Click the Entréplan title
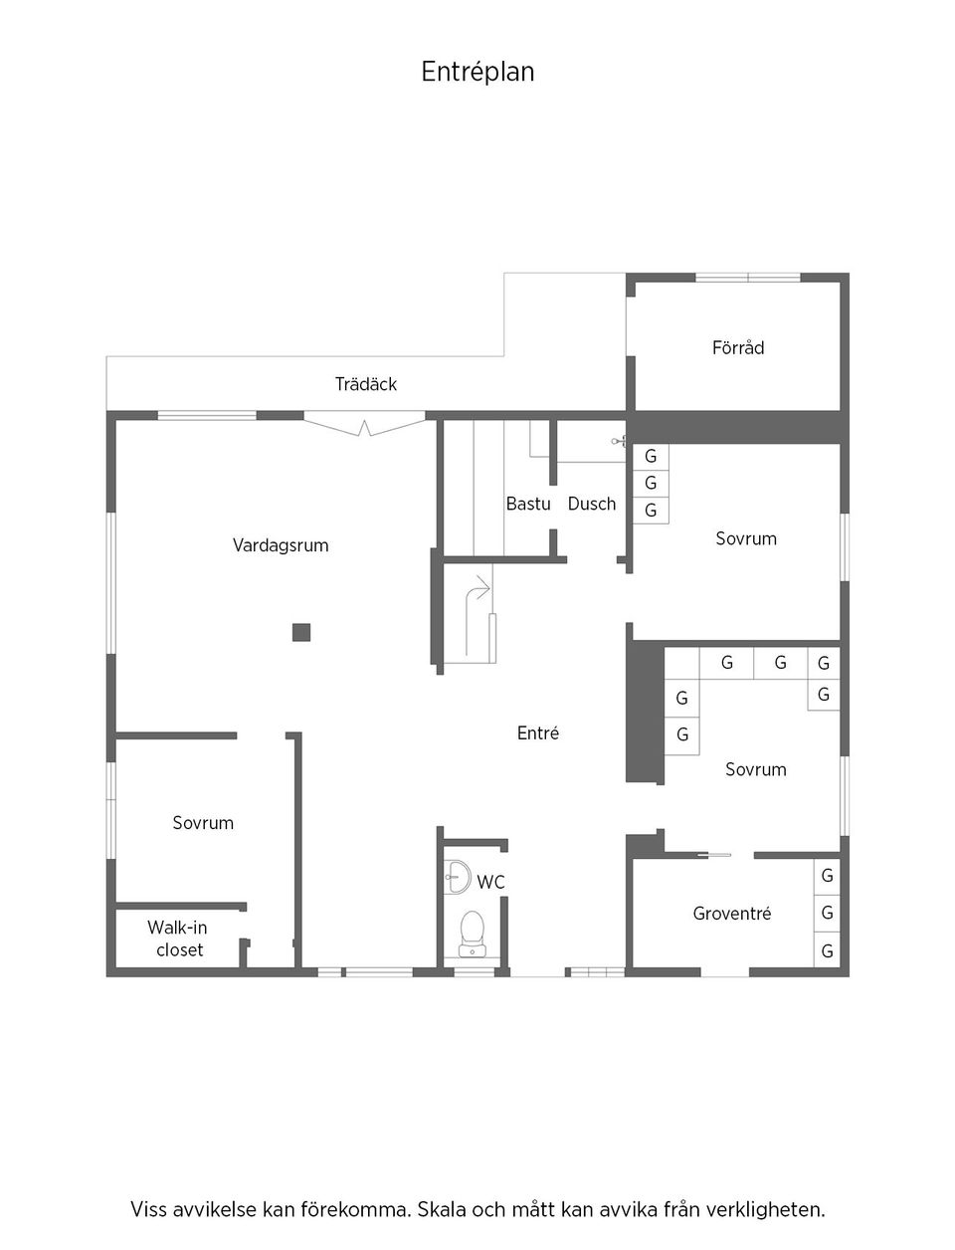477,72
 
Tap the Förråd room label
738,347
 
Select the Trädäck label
365,384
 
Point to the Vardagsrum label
281,545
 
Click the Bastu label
528,504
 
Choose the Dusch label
592,504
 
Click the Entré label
538,733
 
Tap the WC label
490,883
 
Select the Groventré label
732,914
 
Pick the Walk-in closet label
178,938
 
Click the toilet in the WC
472,933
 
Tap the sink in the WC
458,876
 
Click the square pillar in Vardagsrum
301,632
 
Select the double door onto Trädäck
364,426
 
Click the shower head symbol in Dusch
618,441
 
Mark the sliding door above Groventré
708,854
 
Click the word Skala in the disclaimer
440,1211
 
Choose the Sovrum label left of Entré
203,823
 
